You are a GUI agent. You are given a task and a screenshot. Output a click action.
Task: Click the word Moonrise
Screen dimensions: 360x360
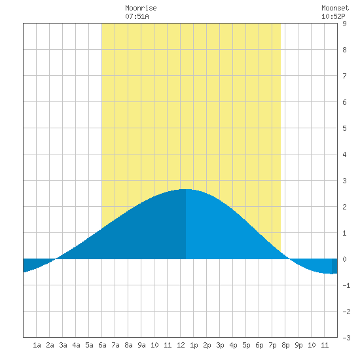tap(141, 8)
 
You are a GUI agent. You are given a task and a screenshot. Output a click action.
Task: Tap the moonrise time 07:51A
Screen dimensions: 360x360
tap(137, 16)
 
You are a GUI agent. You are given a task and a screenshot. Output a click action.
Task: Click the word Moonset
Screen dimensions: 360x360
tap(335, 8)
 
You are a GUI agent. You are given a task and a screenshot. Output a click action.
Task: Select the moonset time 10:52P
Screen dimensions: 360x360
tap(333, 16)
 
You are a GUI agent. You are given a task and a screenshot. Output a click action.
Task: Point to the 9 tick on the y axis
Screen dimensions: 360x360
tap(344, 24)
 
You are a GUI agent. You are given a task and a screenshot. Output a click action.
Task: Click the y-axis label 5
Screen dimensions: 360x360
tap(344, 128)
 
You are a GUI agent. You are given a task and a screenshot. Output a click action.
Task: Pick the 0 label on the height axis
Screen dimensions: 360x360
tap(344, 259)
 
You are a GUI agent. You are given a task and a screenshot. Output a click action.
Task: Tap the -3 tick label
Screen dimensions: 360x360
tap(346, 338)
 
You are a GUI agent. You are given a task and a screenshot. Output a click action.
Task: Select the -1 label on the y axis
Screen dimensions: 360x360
tap(346, 285)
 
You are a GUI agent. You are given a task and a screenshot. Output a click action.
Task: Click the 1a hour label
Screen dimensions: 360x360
tap(37, 345)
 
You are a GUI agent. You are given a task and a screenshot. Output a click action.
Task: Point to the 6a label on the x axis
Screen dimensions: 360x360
tap(102, 345)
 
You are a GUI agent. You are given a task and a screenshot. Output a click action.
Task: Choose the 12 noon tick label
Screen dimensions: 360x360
tap(181, 345)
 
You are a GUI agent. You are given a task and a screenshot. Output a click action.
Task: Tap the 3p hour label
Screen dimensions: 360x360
tap(220, 345)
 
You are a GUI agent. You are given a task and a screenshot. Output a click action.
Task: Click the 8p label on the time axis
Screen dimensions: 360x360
tap(285, 345)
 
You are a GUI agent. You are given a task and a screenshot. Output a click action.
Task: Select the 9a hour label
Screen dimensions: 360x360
tap(141, 345)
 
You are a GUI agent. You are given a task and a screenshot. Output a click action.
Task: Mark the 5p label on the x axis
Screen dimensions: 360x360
tap(246, 345)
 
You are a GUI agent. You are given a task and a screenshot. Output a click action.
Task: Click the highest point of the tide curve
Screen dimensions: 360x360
tap(186, 189)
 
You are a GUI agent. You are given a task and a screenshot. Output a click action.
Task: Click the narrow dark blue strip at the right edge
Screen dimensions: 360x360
tap(334, 266)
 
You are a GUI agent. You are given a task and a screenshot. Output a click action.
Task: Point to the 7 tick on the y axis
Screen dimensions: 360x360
tap(344, 76)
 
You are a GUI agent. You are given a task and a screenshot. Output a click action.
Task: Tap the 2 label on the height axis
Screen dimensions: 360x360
tap(344, 207)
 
